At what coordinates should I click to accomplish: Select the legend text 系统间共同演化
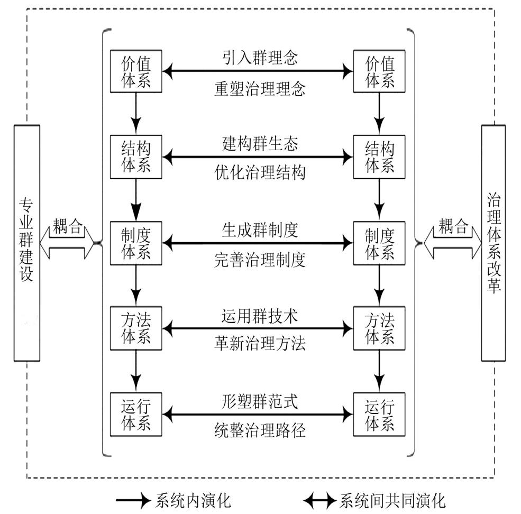click(x=392, y=500)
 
